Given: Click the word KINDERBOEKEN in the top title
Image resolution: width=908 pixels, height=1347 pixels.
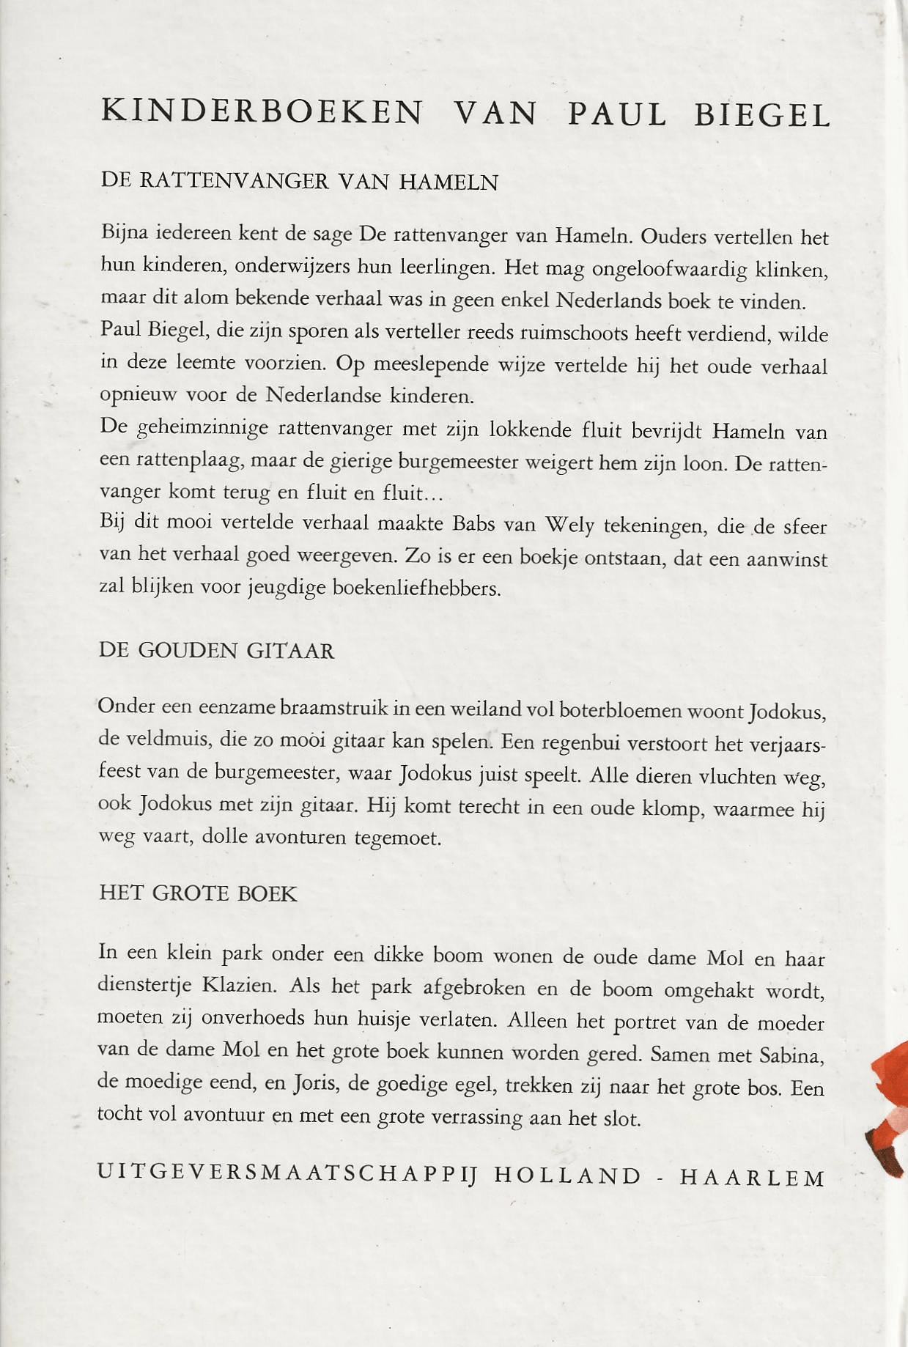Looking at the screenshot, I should click(262, 112).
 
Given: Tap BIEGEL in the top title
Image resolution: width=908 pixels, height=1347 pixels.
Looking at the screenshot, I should click(761, 116).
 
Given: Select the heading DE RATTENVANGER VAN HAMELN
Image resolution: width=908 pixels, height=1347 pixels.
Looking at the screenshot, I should click(299, 181).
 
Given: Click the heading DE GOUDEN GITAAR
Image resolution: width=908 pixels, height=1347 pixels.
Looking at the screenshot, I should click(216, 651).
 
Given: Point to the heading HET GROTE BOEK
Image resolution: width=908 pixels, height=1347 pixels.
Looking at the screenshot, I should click(198, 893).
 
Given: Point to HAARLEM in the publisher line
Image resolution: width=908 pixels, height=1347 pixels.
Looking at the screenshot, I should click(753, 1178).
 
